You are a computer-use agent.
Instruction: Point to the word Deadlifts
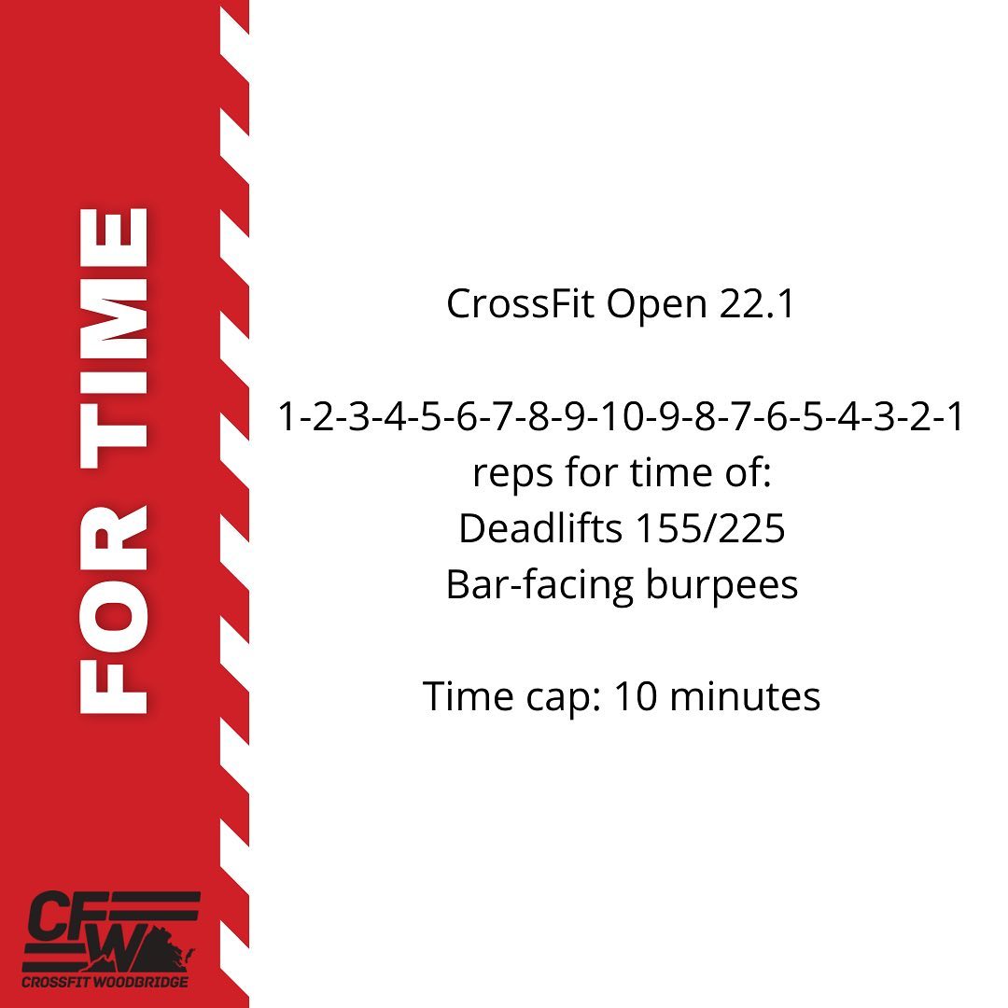coord(540,527)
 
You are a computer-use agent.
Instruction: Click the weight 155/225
coord(710,528)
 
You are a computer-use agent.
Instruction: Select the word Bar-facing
coord(540,586)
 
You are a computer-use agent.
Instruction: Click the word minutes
coord(745,696)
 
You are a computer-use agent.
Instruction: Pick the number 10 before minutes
coord(636,696)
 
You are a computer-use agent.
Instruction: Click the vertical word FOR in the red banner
coord(114,609)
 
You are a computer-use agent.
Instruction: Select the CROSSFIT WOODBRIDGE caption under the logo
coord(105,982)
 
